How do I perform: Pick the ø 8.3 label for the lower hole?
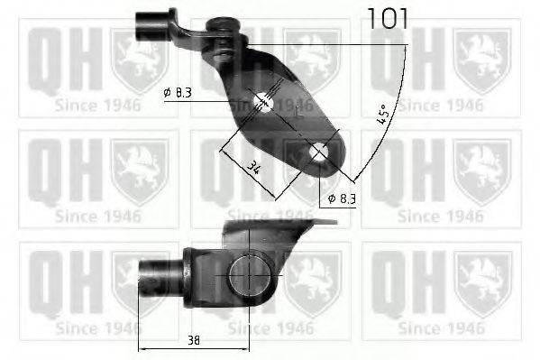pyautogui.click(x=341, y=198)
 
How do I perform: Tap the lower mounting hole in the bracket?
pyautogui.click(x=318, y=154)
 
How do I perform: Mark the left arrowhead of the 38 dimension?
pyautogui.click(x=142, y=346)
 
